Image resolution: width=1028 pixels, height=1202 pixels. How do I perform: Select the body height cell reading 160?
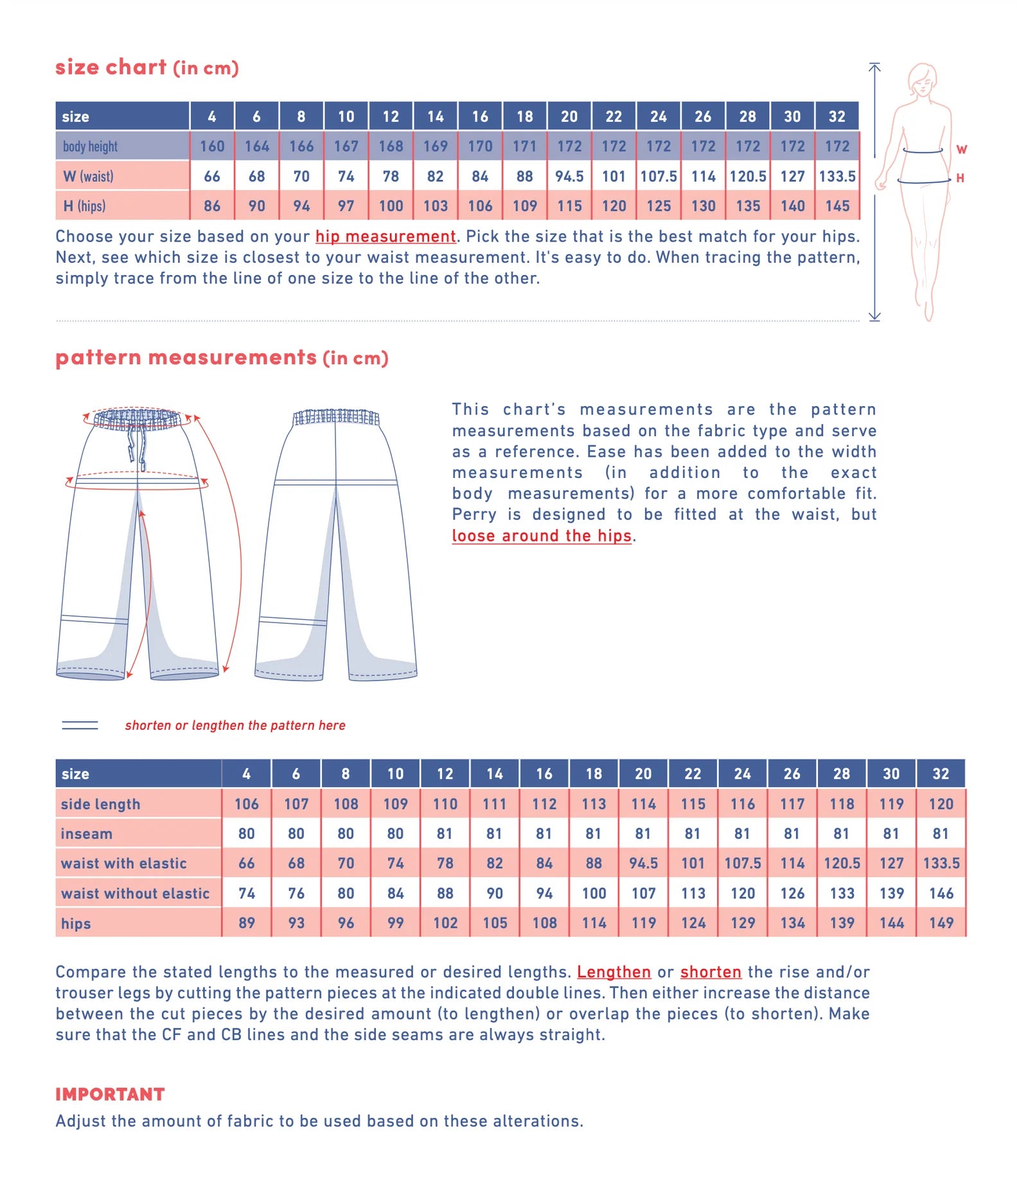[x=212, y=146]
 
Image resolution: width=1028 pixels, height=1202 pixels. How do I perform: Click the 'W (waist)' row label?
[x=89, y=176]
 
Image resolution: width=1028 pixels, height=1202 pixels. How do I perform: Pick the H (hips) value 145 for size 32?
[x=837, y=206]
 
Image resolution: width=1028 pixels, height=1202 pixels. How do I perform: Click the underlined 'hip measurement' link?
[x=385, y=236]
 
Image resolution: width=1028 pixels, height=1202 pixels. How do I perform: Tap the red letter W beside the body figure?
[x=961, y=150]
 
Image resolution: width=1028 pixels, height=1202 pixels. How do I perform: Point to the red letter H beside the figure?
[x=960, y=178]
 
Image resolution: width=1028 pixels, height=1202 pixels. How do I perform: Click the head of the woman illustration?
[x=923, y=79]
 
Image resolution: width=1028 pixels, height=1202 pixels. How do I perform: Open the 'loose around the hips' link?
[x=542, y=536]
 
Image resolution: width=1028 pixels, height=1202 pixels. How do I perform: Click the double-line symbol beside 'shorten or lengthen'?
[x=80, y=725]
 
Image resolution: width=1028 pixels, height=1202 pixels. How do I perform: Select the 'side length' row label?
[x=100, y=804]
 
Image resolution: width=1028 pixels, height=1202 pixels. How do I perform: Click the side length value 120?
[x=941, y=804]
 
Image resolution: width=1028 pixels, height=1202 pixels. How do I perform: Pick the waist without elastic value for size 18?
[x=594, y=894]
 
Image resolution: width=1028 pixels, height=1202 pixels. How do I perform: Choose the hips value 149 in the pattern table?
[x=941, y=923]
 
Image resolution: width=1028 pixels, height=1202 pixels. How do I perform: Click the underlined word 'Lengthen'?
[x=614, y=972]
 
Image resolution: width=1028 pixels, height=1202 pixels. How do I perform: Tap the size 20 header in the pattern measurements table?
[x=643, y=774]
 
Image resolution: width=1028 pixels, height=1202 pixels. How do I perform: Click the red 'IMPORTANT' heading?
[x=110, y=1094]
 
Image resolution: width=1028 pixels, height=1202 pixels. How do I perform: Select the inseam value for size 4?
[x=246, y=834]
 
